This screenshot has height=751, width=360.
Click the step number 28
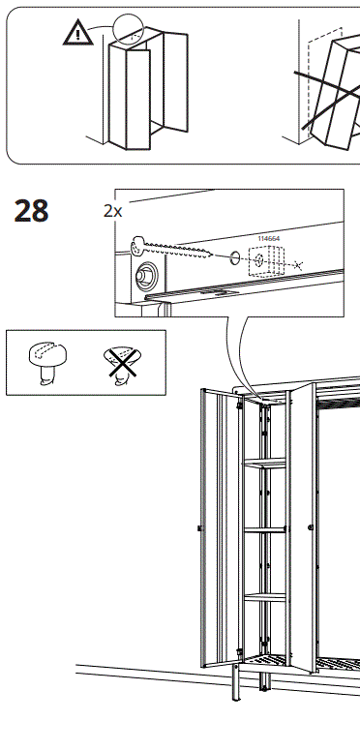click(31, 210)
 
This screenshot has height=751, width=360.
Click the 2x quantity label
click(113, 209)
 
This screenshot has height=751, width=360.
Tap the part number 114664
click(267, 238)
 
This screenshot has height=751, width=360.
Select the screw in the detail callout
click(174, 249)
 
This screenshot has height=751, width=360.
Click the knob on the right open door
click(310, 527)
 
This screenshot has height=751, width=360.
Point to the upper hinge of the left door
click(239, 406)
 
